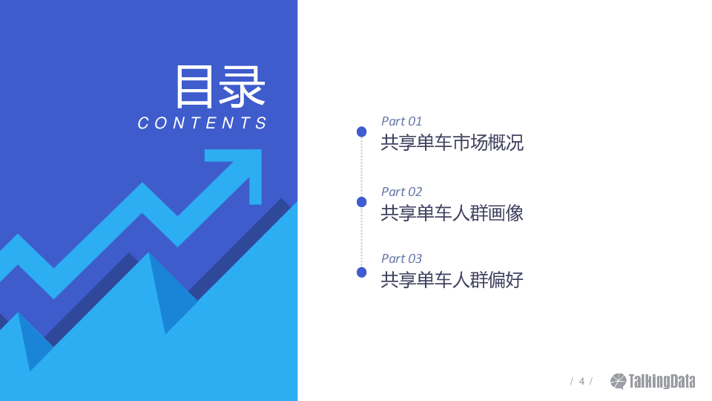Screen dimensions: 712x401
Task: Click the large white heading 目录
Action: click(x=220, y=86)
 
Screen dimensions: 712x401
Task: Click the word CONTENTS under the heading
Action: click(x=202, y=123)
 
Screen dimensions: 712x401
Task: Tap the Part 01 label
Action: click(x=401, y=121)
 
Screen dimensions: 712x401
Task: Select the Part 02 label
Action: click(x=401, y=192)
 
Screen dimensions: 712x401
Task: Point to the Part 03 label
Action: click(x=401, y=258)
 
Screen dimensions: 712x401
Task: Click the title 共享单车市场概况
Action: click(x=452, y=143)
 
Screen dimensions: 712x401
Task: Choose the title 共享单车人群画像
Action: click(x=452, y=213)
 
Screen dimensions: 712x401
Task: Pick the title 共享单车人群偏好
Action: click(x=452, y=280)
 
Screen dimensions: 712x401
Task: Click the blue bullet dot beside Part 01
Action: click(x=361, y=132)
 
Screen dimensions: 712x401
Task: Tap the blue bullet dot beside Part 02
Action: click(x=361, y=202)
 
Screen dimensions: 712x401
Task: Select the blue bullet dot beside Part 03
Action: click(x=361, y=273)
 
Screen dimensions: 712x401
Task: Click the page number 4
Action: click(x=581, y=382)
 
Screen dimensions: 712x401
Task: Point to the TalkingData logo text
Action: click(x=662, y=382)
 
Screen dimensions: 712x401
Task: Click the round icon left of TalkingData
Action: click(x=618, y=382)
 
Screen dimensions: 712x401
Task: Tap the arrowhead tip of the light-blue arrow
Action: click(x=261, y=150)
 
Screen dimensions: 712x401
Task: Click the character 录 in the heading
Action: click(x=243, y=86)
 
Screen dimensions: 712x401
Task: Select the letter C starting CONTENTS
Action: click(x=143, y=123)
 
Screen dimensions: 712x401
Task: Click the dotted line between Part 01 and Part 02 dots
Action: click(x=361, y=167)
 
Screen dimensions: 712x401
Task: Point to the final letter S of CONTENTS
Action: click(x=261, y=123)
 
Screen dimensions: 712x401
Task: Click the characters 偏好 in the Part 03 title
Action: click(x=506, y=280)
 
